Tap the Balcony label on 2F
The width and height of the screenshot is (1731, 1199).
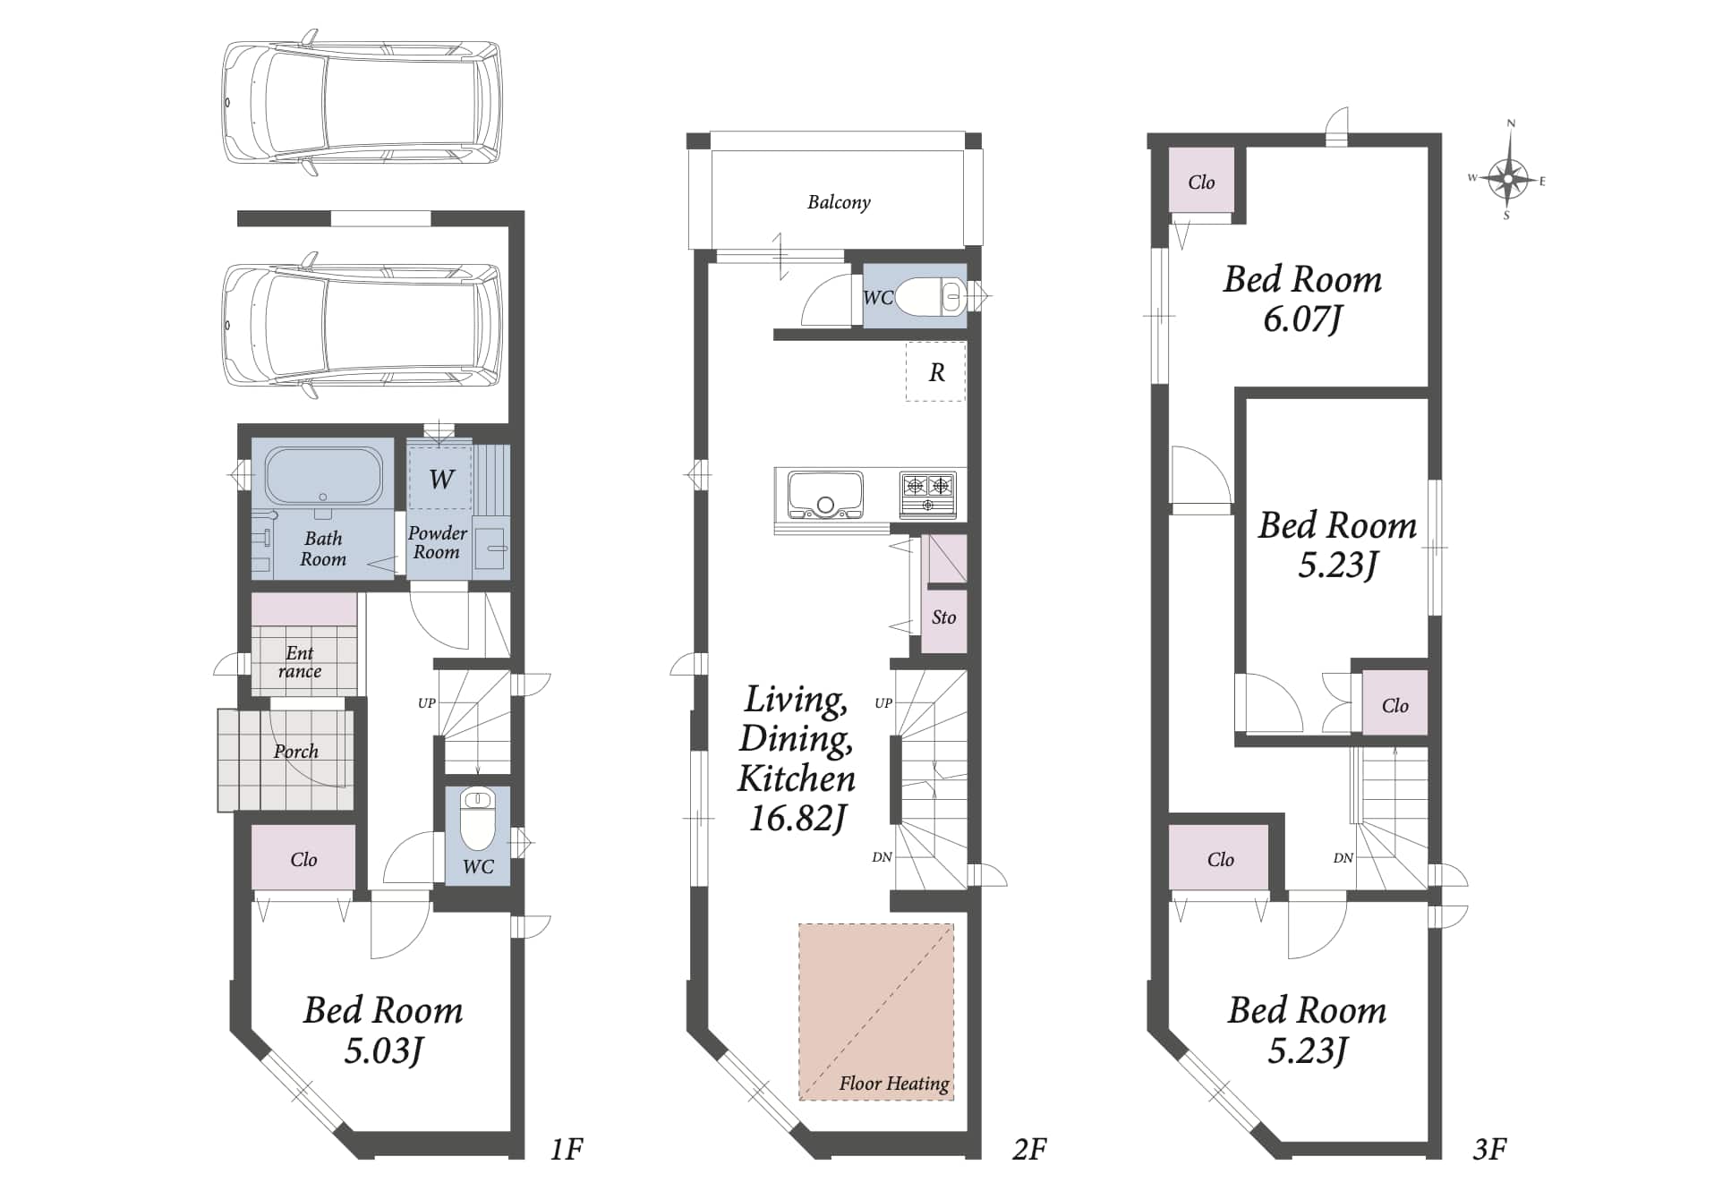coord(839,202)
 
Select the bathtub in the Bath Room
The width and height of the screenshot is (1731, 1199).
coord(323,475)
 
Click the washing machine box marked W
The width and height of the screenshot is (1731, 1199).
coord(440,478)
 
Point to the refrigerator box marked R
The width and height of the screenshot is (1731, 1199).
coord(936,371)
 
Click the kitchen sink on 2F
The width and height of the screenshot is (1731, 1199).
coord(824,495)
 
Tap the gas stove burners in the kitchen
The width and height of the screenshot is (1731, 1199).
coord(927,495)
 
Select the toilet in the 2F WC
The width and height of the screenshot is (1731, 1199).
coord(928,296)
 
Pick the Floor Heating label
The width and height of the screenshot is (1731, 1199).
coord(894,1084)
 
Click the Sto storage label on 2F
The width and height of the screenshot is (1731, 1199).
coord(943,617)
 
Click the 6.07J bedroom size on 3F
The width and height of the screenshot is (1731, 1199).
coord(1302,319)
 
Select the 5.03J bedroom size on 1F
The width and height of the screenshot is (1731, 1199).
coord(383,1050)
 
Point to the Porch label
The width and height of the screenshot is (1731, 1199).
coord(296,752)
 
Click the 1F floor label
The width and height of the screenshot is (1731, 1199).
coord(567,1148)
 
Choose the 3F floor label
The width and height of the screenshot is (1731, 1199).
coord(1490,1148)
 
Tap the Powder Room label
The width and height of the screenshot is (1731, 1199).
coord(437,542)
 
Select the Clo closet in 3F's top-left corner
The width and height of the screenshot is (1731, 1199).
coord(1201,182)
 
